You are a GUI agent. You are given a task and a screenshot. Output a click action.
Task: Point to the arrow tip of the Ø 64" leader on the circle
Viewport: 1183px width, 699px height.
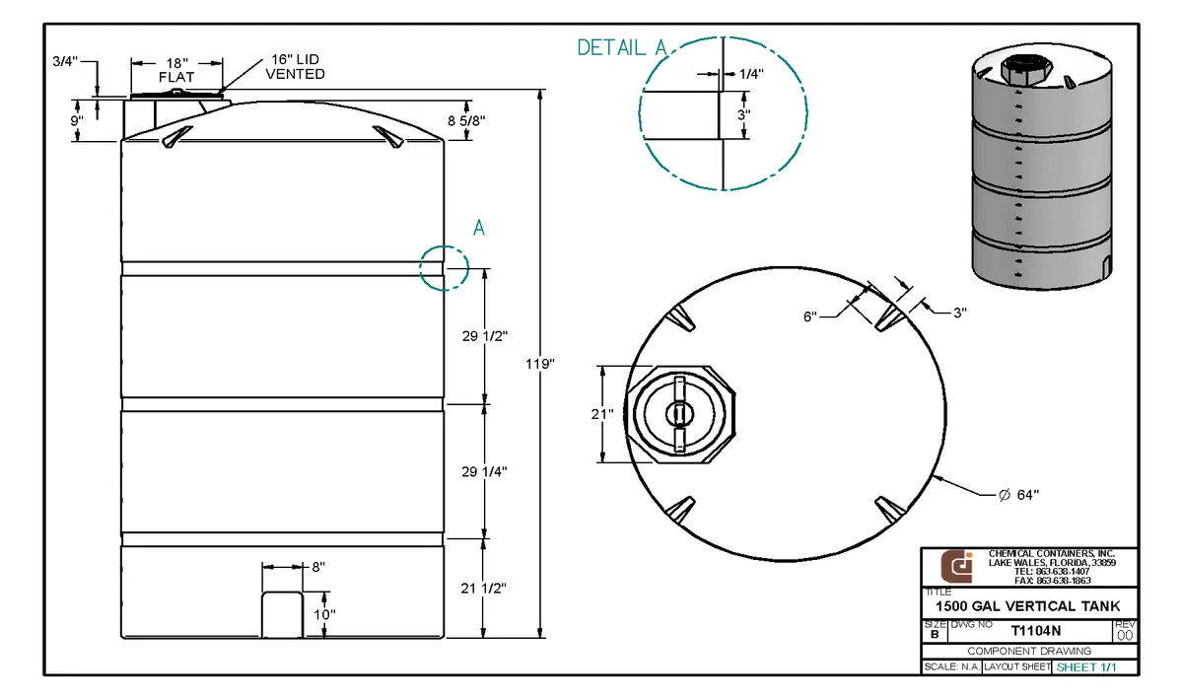tap(934, 477)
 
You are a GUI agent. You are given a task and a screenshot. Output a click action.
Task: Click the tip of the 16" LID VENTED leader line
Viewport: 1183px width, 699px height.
tap(220, 93)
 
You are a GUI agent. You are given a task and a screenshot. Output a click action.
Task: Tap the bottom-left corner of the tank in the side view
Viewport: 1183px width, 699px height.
tap(121, 638)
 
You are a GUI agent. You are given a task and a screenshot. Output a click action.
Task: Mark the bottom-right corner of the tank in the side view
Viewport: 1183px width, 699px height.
tap(445, 638)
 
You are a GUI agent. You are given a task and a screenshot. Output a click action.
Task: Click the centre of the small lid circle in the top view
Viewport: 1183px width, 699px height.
tap(679, 414)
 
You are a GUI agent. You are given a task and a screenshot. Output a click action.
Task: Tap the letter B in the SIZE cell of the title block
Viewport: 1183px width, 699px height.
tap(935, 634)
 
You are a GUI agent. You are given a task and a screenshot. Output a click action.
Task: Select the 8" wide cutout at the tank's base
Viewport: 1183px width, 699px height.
tap(283, 615)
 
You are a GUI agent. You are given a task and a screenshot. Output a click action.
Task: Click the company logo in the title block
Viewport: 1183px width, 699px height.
tap(956, 567)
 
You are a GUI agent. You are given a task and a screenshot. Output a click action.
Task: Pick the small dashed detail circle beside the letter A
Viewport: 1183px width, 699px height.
tap(445, 268)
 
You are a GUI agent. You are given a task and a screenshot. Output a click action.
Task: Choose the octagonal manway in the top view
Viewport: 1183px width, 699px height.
tap(680, 414)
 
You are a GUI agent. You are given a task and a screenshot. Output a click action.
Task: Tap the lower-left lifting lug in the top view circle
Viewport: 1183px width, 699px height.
tap(680, 510)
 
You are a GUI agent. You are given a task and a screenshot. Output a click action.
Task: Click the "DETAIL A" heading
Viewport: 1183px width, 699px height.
tap(622, 47)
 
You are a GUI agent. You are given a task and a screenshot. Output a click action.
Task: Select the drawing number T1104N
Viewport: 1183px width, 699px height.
tap(1036, 631)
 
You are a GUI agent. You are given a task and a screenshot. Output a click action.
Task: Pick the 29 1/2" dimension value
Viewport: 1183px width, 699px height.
tap(485, 336)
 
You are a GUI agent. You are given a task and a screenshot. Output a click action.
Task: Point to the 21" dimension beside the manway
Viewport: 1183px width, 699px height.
tap(602, 414)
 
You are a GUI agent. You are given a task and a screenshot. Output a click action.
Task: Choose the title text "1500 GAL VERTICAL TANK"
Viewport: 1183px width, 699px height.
tap(1027, 606)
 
